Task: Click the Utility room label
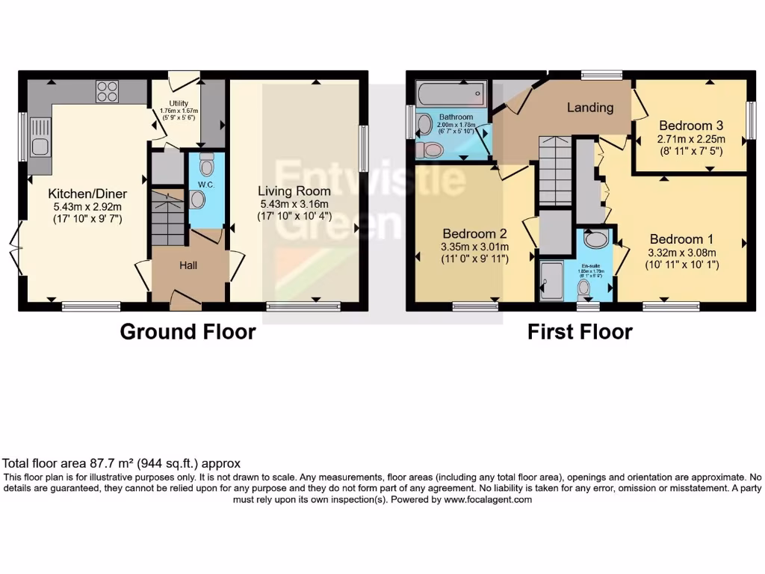click(x=178, y=103)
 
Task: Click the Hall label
click(x=188, y=265)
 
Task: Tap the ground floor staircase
click(x=168, y=217)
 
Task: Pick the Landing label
click(x=589, y=108)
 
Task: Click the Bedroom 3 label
click(x=690, y=125)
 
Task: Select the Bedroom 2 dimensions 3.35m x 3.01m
click(x=474, y=247)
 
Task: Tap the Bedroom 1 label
click(x=681, y=239)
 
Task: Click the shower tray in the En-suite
click(x=552, y=281)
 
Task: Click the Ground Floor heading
click(x=188, y=331)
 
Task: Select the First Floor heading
click(x=580, y=331)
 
